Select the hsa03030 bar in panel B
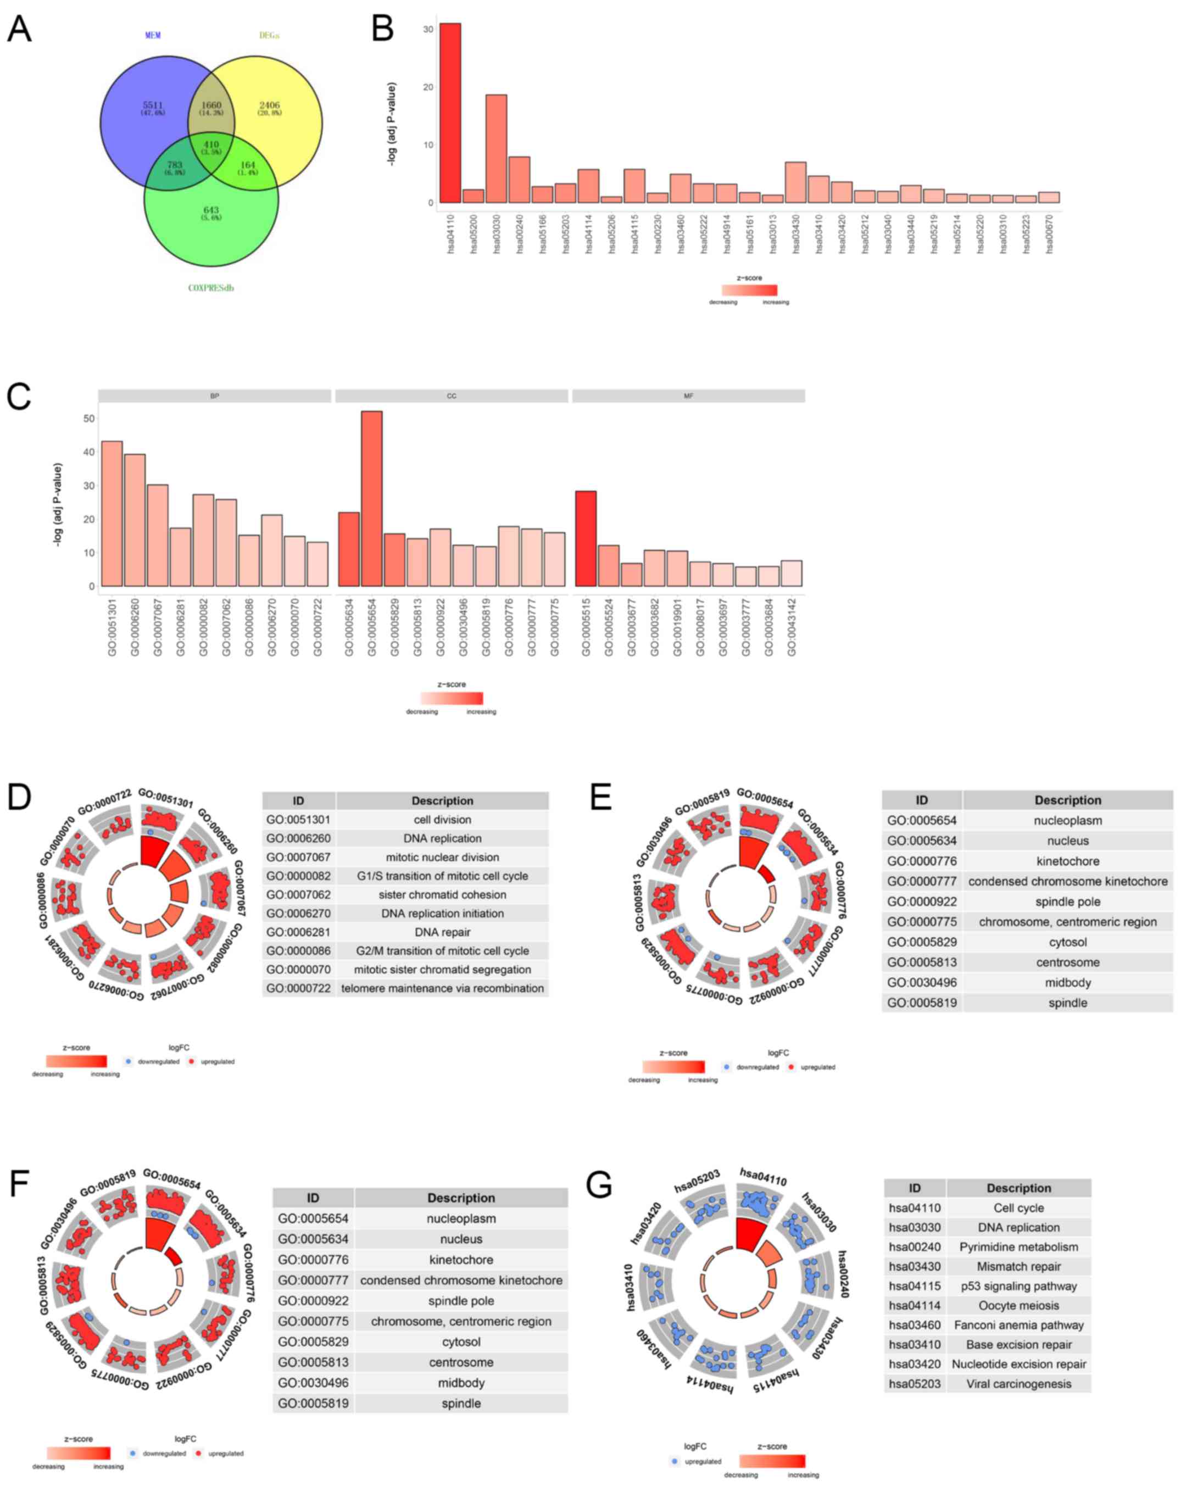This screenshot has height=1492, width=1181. coord(496,149)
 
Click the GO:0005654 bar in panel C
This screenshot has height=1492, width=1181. coord(371,498)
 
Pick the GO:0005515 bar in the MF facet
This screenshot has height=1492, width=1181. coord(586,538)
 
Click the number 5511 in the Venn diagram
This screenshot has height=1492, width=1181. coord(153,105)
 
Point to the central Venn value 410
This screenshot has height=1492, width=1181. coord(211,144)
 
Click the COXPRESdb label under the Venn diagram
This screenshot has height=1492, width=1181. coord(211,288)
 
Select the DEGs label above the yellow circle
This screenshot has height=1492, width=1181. coord(269,35)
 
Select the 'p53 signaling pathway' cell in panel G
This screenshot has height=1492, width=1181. coord(1018,1286)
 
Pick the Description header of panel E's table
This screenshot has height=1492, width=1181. coord(1068,800)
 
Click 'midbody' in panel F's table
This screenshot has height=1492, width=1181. coord(461,1383)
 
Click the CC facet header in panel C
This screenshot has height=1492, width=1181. coord(452,396)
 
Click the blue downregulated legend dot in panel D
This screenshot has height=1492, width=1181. coord(129,1061)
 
